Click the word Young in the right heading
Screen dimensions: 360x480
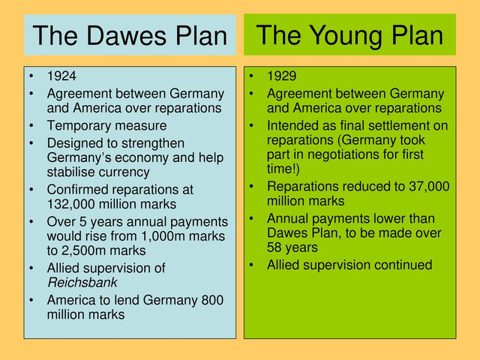(350, 34)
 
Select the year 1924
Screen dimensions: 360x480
(61, 76)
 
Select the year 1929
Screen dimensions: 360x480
(281, 76)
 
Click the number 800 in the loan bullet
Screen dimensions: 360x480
(212, 300)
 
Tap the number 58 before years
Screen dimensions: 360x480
(276, 247)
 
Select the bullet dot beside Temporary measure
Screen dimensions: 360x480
(31, 126)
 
